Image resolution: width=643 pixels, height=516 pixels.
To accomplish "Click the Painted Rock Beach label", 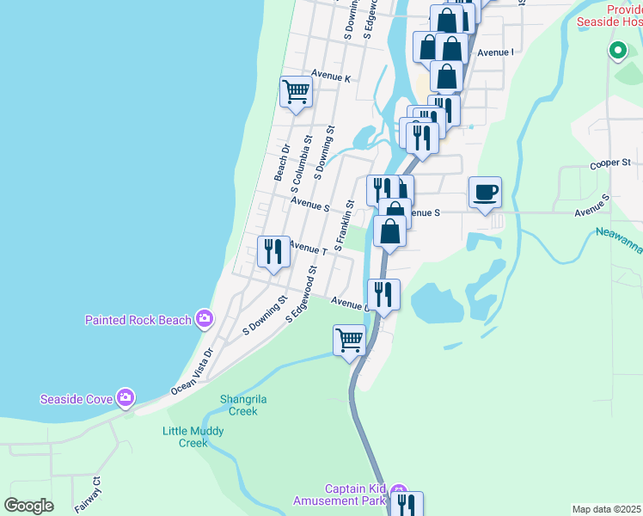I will [x=138, y=320].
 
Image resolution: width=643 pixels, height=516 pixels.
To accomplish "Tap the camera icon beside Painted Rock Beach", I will [x=205, y=320].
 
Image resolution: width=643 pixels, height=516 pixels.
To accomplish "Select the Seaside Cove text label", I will [x=77, y=399].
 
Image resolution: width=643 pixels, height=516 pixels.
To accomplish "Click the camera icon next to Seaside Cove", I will [x=126, y=397].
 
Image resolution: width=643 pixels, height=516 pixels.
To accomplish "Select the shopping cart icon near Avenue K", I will [x=296, y=90].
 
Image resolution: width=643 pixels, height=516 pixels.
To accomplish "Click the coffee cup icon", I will [x=485, y=192].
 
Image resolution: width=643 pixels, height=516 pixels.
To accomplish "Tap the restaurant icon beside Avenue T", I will [x=273, y=251].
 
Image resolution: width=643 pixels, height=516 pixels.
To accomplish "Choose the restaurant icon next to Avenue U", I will [x=383, y=294].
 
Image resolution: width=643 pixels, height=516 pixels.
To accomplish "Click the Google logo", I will [x=28, y=506].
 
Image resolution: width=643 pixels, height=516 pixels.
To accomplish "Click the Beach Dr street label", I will [x=281, y=162].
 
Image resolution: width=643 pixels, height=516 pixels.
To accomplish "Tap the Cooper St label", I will [x=610, y=163].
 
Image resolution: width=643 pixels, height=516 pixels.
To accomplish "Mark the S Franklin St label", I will [x=344, y=225].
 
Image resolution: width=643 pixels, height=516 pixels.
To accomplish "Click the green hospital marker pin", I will [x=616, y=51].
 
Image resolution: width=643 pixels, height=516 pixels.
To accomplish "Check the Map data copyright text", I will [x=606, y=509].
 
